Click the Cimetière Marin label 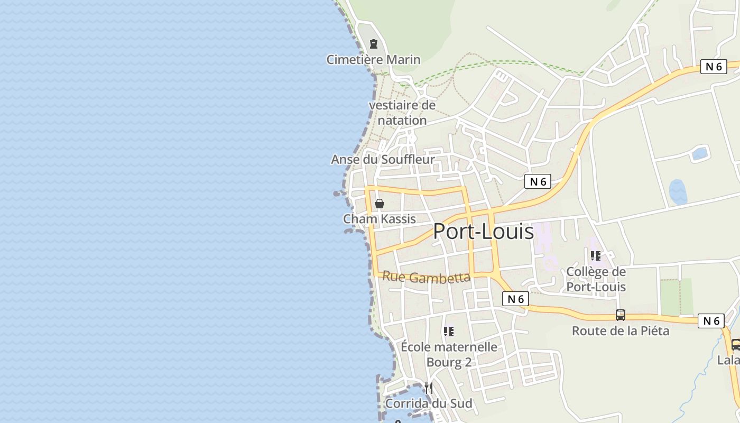point(373,59)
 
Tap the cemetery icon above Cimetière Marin point(374,43)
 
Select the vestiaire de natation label point(402,113)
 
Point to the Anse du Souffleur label point(383,159)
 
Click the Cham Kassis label point(380,219)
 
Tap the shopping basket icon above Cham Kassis point(380,204)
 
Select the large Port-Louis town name point(483,232)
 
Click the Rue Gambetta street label point(426,277)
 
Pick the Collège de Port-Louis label point(596,279)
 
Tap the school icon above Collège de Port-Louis point(596,256)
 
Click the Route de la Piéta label point(621,331)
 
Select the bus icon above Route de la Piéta point(621,315)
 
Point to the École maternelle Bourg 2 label point(449,354)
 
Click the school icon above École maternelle point(449,332)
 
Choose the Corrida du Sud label point(428,403)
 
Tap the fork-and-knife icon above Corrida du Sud point(429,388)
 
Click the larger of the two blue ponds point(678,192)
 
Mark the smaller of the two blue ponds point(699,154)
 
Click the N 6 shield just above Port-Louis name point(538,182)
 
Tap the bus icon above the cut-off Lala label point(735,345)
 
